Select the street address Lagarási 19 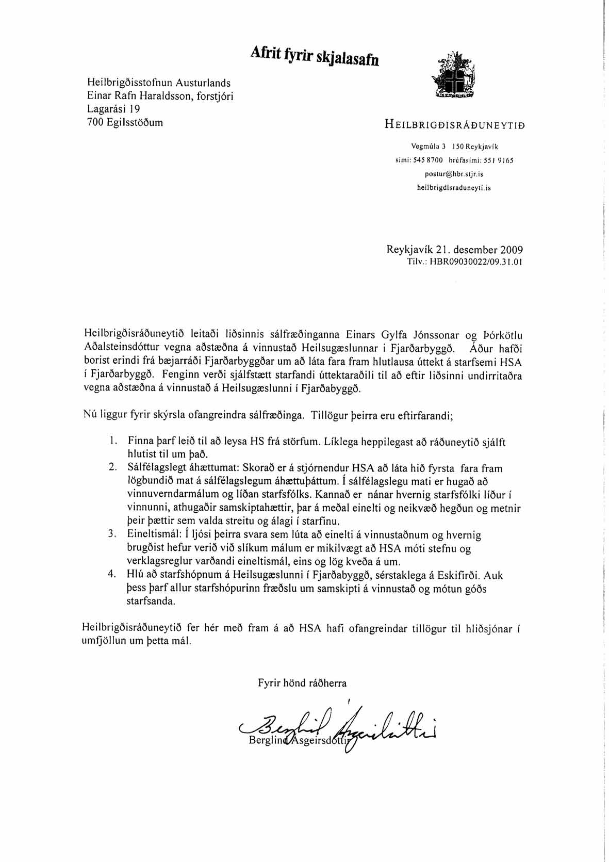113,109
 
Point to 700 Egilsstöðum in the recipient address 125,122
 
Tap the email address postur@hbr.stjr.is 454,174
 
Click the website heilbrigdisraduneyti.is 454,188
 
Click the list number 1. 111,441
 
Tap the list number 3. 111,534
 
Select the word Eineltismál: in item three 150,535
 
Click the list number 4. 111,575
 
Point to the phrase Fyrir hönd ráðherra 302,683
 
